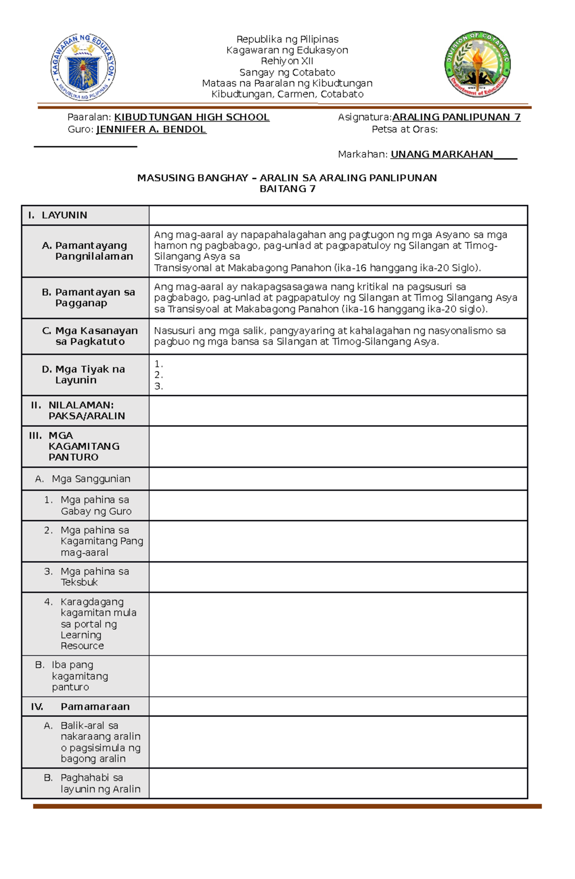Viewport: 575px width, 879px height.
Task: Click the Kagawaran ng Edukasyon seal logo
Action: pyautogui.click(x=83, y=67)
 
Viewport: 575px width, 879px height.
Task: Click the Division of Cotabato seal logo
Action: pyautogui.click(x=478, y=65)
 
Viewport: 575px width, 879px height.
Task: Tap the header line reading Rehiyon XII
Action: pyautogui.click(x=287, y=61)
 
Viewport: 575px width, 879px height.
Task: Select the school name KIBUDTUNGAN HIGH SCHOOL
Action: pyautogui.click(x=192, y=117)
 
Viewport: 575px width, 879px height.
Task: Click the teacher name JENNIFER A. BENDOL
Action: pyautogui.click(x=151, y=129)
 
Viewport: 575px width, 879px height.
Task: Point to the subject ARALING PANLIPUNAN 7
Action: pyautogui.click(x=456, y=117)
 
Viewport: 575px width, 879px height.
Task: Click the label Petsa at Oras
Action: pyautogui.click(x=404, y=129)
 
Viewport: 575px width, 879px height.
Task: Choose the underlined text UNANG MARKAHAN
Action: pyautogui.click(x=442, y=154)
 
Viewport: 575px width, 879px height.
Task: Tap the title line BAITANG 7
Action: pyautogui.click(x=287, y=189)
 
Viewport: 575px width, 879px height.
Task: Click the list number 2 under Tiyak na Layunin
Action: pyautogui.click(x=159, y=375)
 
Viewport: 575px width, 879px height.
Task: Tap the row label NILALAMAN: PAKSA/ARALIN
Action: pyautogui.click(x=86, y=411)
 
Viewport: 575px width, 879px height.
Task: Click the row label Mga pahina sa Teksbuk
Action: pyautogui.click(x=94, y=577)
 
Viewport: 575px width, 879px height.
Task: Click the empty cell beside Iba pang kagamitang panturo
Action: pyautogui.click(x=338, y=676)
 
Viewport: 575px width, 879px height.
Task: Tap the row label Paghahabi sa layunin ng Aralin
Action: pyautogui.click(x=100, y=783)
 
